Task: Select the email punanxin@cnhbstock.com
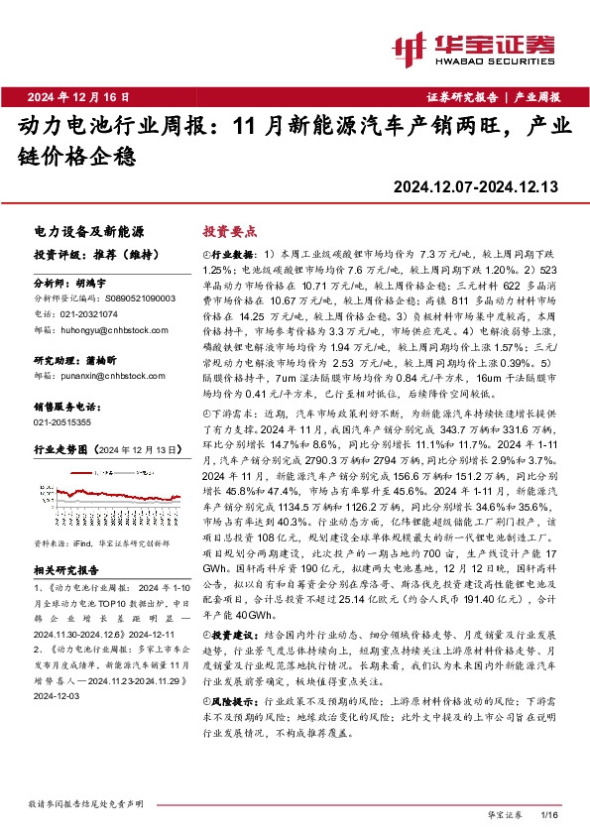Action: tap(109, 376)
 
